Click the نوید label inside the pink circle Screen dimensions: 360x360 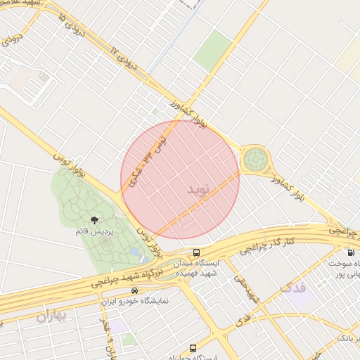pyautogui.click(x=199, y=190)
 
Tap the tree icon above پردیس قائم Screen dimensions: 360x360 pyautogui.click(x=94, y=221)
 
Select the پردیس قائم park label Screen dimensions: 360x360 pyautogui.click(x=93, y=231)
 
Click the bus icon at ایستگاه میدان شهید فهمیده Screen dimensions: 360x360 pyautogui.click(x=196, y=252)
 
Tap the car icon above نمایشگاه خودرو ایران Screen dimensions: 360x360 pyautogui.click(x=134, y=290)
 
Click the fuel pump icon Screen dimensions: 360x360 pyautogui.click(x=349, y=252)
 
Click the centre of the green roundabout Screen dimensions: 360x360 pyautogui.click(x=255, y=160)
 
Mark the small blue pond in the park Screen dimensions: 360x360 pyautogui.click(x=134, y=251)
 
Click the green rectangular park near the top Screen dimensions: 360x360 pyautogui.click(x=212, y=49)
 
